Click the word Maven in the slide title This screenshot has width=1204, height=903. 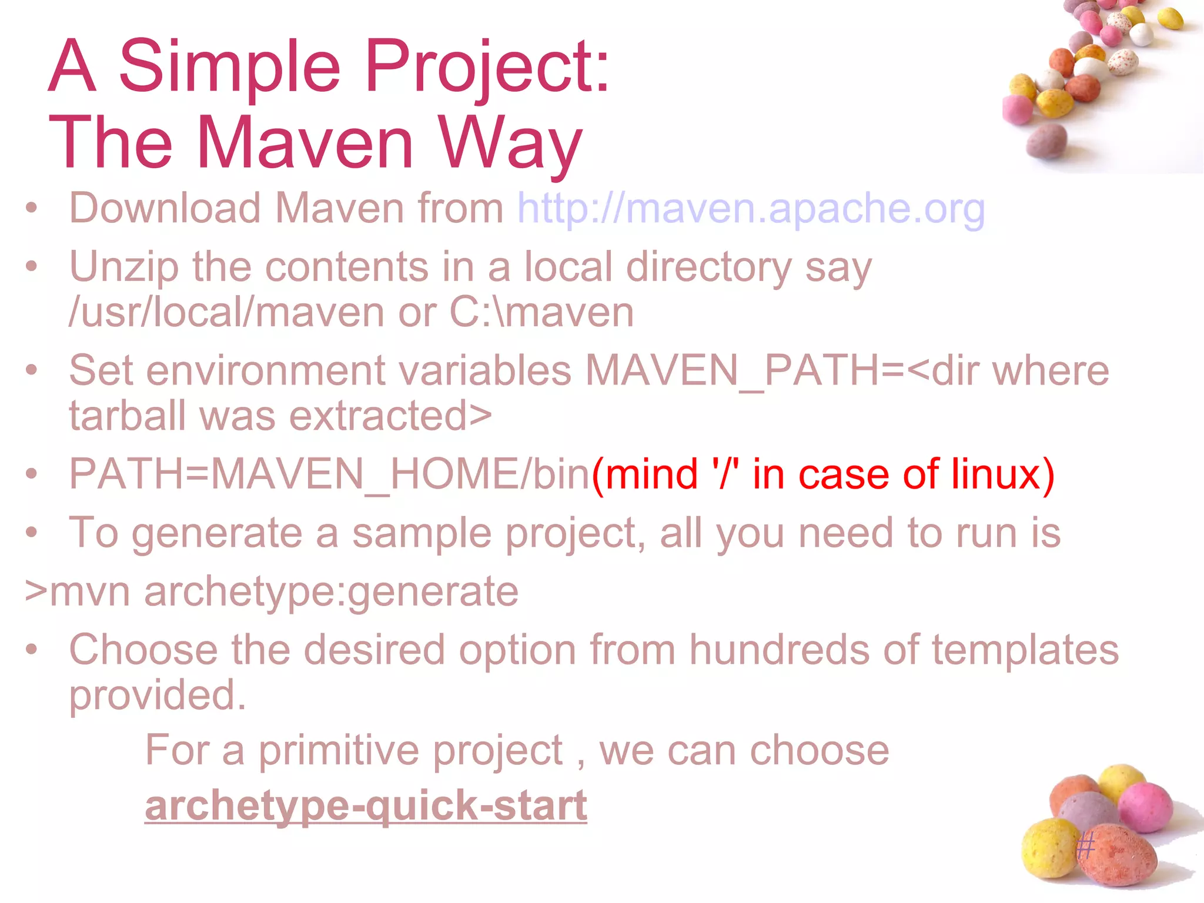coord(305,143)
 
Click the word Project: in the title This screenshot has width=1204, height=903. coord(487,66)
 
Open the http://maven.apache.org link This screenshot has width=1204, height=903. coord(751,209)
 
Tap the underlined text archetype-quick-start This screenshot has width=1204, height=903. coord(366,805)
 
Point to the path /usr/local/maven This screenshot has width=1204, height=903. coord(226,313)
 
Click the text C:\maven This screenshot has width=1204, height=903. coord(541,313)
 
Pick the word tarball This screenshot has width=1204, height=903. coord(127,416)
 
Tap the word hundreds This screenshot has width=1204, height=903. coord(778,650)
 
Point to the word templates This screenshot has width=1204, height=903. coord(1025,650)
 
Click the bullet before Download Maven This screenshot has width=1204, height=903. coord(32,208)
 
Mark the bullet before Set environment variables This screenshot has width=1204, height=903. coord(32,370)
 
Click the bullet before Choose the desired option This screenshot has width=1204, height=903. coord(32,650)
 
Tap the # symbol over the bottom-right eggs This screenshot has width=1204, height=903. coord(1085,847)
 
